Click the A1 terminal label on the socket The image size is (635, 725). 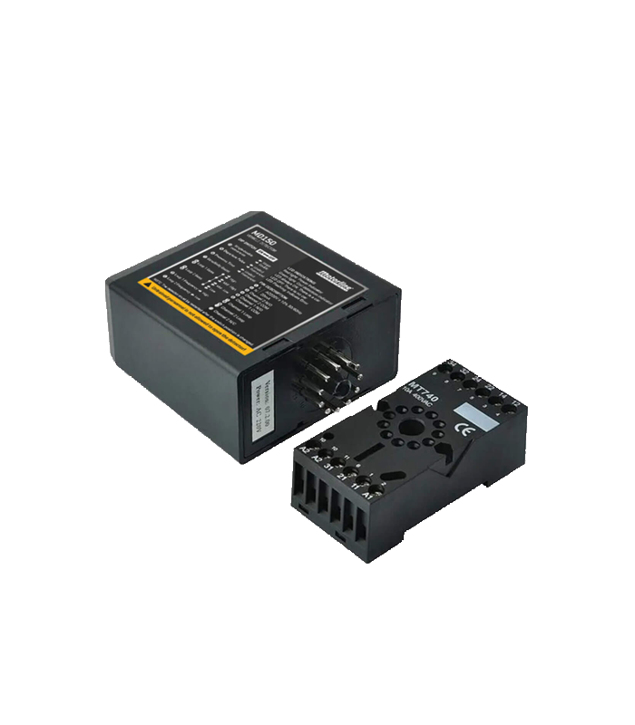point(367,498)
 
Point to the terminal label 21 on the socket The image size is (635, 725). point(341,478)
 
